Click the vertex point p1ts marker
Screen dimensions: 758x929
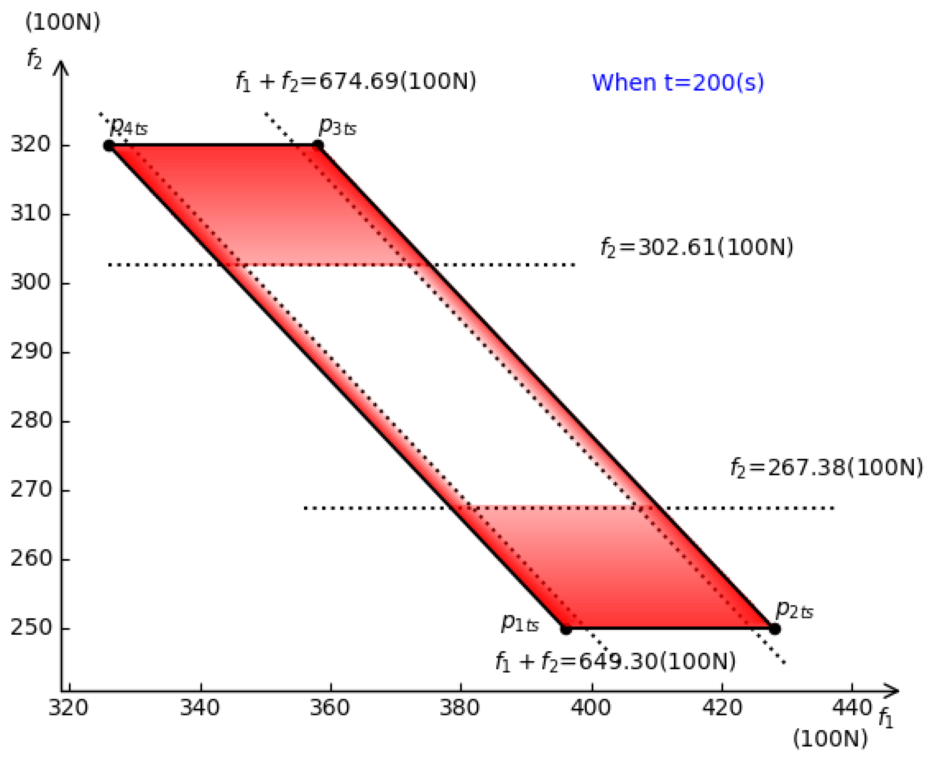pos(566,630)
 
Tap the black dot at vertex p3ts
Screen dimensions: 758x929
pos(318,146)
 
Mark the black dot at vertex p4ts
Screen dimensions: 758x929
pos(109,146)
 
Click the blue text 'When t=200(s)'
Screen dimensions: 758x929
pos(677,82)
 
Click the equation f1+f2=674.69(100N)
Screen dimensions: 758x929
pos(356,81)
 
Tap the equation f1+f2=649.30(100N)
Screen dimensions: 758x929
pos(615,662)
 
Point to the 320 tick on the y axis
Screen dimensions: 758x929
pos(31,144)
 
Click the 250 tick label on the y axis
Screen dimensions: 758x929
pos(31,628)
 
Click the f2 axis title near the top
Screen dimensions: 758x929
pos(34,59)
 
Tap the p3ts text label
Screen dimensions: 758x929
pos(338,127)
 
